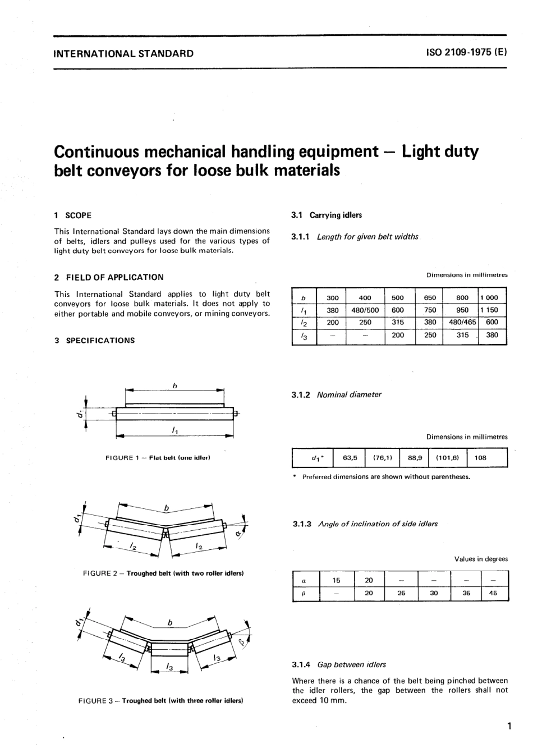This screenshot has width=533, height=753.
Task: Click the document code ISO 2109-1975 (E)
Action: [466, 53]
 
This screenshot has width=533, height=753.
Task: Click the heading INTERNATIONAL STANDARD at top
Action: [123, 54]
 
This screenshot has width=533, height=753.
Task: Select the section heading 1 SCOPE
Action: [73, 215]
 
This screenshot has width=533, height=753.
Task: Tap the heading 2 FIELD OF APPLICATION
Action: [109, 277]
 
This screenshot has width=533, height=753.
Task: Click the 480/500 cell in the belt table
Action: [365, 310]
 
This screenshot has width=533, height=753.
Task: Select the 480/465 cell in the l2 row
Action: [462, 322]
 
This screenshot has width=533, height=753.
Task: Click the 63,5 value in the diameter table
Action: [350, 457]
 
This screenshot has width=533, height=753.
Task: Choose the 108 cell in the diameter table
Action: [481, 457]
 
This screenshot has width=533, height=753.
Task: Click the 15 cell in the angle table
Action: [336, 580]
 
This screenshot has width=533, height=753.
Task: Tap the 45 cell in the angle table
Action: [493, 593]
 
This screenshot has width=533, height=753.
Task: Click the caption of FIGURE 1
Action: [158, 458]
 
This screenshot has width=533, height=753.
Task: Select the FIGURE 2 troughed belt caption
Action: [163, 573]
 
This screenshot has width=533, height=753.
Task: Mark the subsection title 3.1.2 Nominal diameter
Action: [337, 394]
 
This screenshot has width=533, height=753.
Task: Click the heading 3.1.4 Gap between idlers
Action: [339, 664]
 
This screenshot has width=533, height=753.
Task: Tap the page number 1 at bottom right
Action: [508, 727]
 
